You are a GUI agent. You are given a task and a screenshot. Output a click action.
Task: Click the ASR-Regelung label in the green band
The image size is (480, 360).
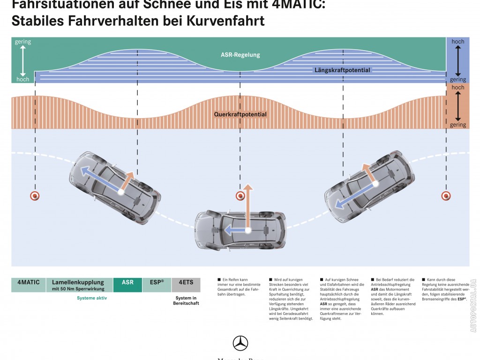(240, 55)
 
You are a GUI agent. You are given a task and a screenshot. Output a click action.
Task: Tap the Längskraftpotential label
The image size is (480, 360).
(342, 70)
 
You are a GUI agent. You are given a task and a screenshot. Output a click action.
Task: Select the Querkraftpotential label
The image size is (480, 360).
(240, 114)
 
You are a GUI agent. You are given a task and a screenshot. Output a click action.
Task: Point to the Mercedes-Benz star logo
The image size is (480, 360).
(240, 343)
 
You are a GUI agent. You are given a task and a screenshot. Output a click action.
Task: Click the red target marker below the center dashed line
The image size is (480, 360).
(240, 195)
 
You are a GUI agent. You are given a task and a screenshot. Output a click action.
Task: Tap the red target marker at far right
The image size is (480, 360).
(446, 195)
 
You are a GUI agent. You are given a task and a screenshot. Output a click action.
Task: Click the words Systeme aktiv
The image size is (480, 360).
(92, 298)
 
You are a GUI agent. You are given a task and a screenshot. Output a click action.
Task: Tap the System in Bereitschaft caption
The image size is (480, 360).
(187, 300)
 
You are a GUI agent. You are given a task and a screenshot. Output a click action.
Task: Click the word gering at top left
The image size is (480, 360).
(23, 42)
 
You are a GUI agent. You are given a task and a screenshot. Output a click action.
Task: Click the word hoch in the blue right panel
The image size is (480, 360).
(457, 42)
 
